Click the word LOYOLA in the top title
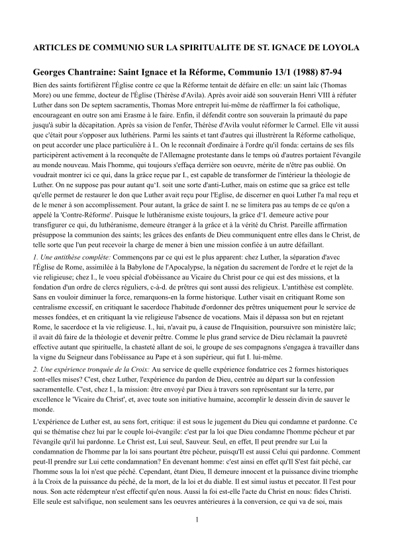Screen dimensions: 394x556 [340, 48]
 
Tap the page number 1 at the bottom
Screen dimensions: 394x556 [197, 537]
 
